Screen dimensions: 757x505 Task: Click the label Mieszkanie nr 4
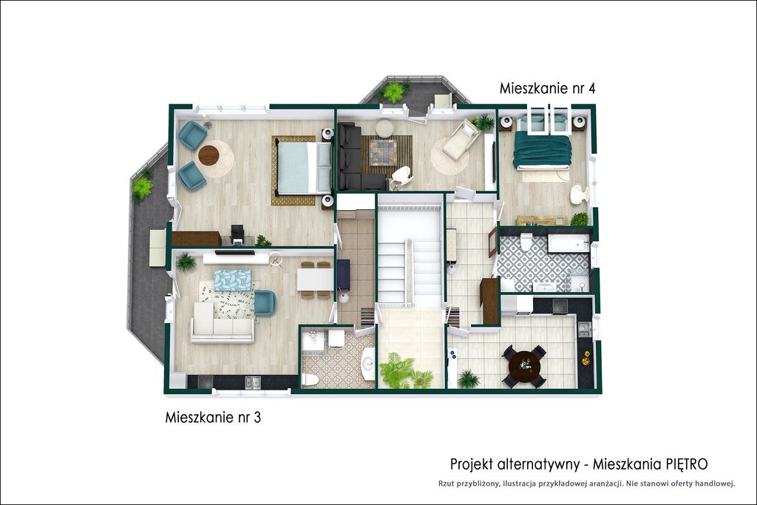(547, 89)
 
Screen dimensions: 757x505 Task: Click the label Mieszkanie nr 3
(213, 417)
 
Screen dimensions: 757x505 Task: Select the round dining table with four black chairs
(524, 365)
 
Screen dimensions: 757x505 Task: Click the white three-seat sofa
(222, 322)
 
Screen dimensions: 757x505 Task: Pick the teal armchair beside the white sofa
(265, 302)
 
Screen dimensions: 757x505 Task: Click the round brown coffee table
(208, 155)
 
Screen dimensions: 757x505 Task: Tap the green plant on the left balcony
(143, 187)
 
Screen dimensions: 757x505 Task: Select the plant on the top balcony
(393, 92)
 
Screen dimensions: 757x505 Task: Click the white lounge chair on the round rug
(461, 140)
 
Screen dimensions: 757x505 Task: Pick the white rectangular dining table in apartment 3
(315, 279)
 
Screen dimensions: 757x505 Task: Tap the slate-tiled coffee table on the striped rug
(384, 152)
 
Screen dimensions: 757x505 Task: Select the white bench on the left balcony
(157, 248)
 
